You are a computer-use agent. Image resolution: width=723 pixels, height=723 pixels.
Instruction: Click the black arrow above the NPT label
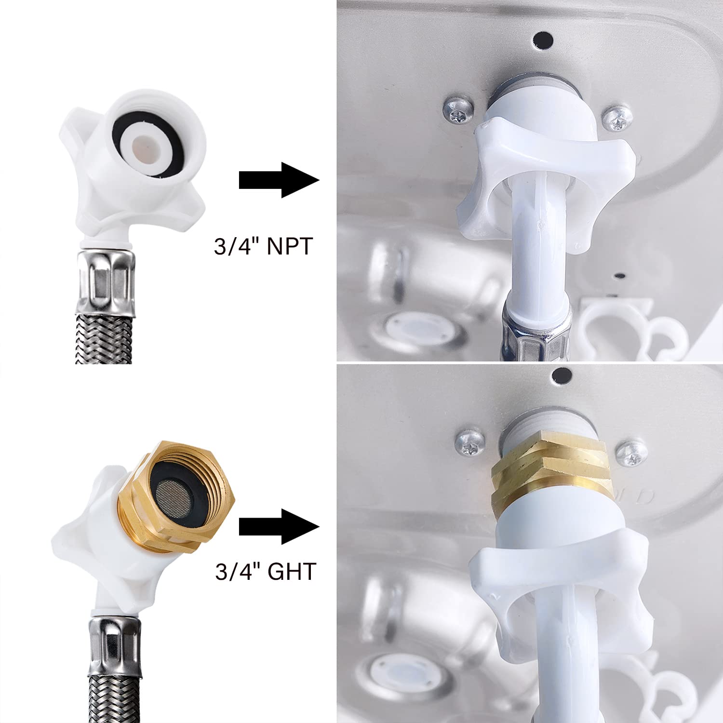tap(278, 180)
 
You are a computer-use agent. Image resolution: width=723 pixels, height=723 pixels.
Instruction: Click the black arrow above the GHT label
tap(278, 526)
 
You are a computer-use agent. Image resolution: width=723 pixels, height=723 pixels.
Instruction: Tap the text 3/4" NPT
tap(263, 246)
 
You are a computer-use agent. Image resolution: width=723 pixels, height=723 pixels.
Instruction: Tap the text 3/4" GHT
tap(265, 572)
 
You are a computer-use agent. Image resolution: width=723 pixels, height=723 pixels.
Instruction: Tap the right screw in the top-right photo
tap(618, 117)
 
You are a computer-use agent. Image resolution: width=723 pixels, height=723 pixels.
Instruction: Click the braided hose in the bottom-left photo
tap(114, 696)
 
